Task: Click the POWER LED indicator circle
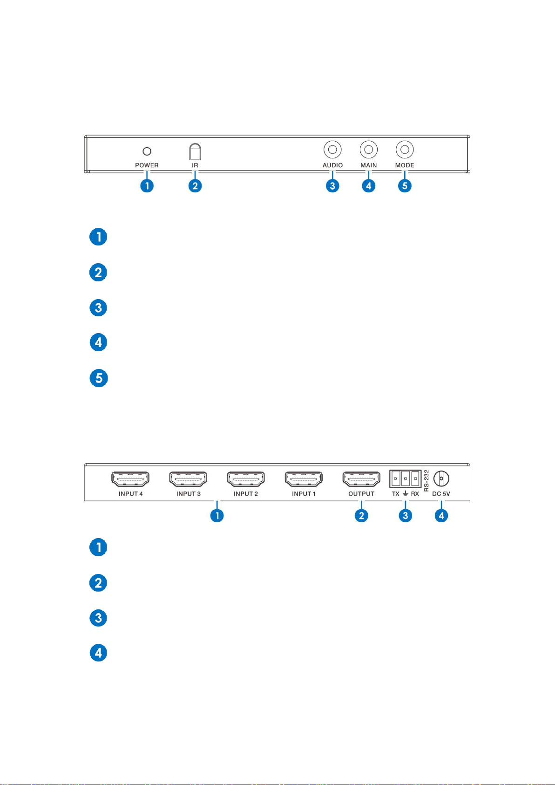coord(147,151)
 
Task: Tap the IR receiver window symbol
coord(195,151)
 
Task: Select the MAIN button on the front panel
coord(368,150)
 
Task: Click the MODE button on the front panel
coord(405,150)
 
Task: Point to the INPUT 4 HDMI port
coord(130,479)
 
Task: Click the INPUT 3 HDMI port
coord(188,479)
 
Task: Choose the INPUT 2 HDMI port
coord(246,479)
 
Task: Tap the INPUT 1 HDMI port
coord(304,479)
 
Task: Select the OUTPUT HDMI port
coord(361,479)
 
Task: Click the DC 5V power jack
coord(441,478)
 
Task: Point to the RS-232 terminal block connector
coord(405,478)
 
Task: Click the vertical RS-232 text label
coord(426,481)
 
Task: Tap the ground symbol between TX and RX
coord(405,494)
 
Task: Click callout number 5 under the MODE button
coord(405,186)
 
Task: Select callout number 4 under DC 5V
coord(441,515)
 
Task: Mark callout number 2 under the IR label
coord(195,186)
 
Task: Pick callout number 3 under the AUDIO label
coord(332,186)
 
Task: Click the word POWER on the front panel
coord(147,165)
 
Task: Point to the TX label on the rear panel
coord(395,494)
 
